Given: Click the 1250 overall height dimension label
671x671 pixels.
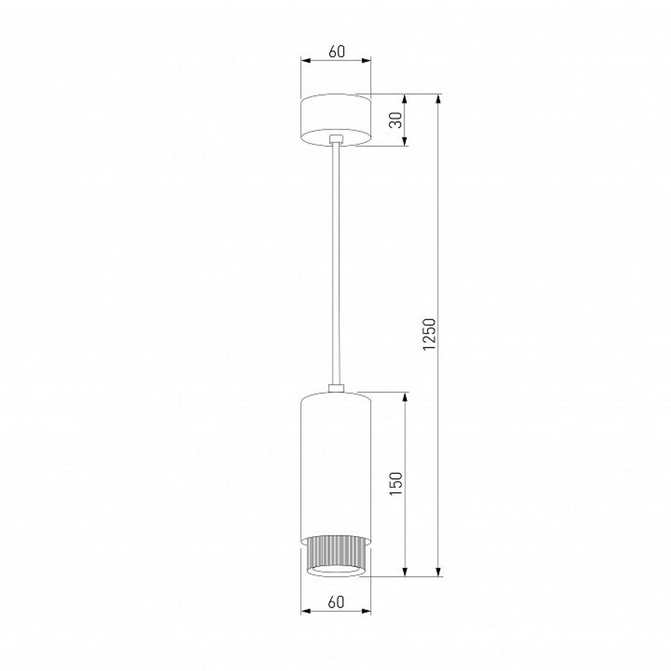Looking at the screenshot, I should tap(431, 334).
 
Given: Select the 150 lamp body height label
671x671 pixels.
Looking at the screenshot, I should tap(397, 484).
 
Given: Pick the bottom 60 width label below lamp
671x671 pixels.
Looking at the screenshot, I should tap(335, 602).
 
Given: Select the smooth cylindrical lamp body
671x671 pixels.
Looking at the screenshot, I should tap(335, 463).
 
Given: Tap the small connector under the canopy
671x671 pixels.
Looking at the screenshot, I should tap(335, 140).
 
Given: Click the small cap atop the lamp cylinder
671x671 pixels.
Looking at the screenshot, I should tap(335, 387).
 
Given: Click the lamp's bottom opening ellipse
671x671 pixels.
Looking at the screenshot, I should tap(335, 571).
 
